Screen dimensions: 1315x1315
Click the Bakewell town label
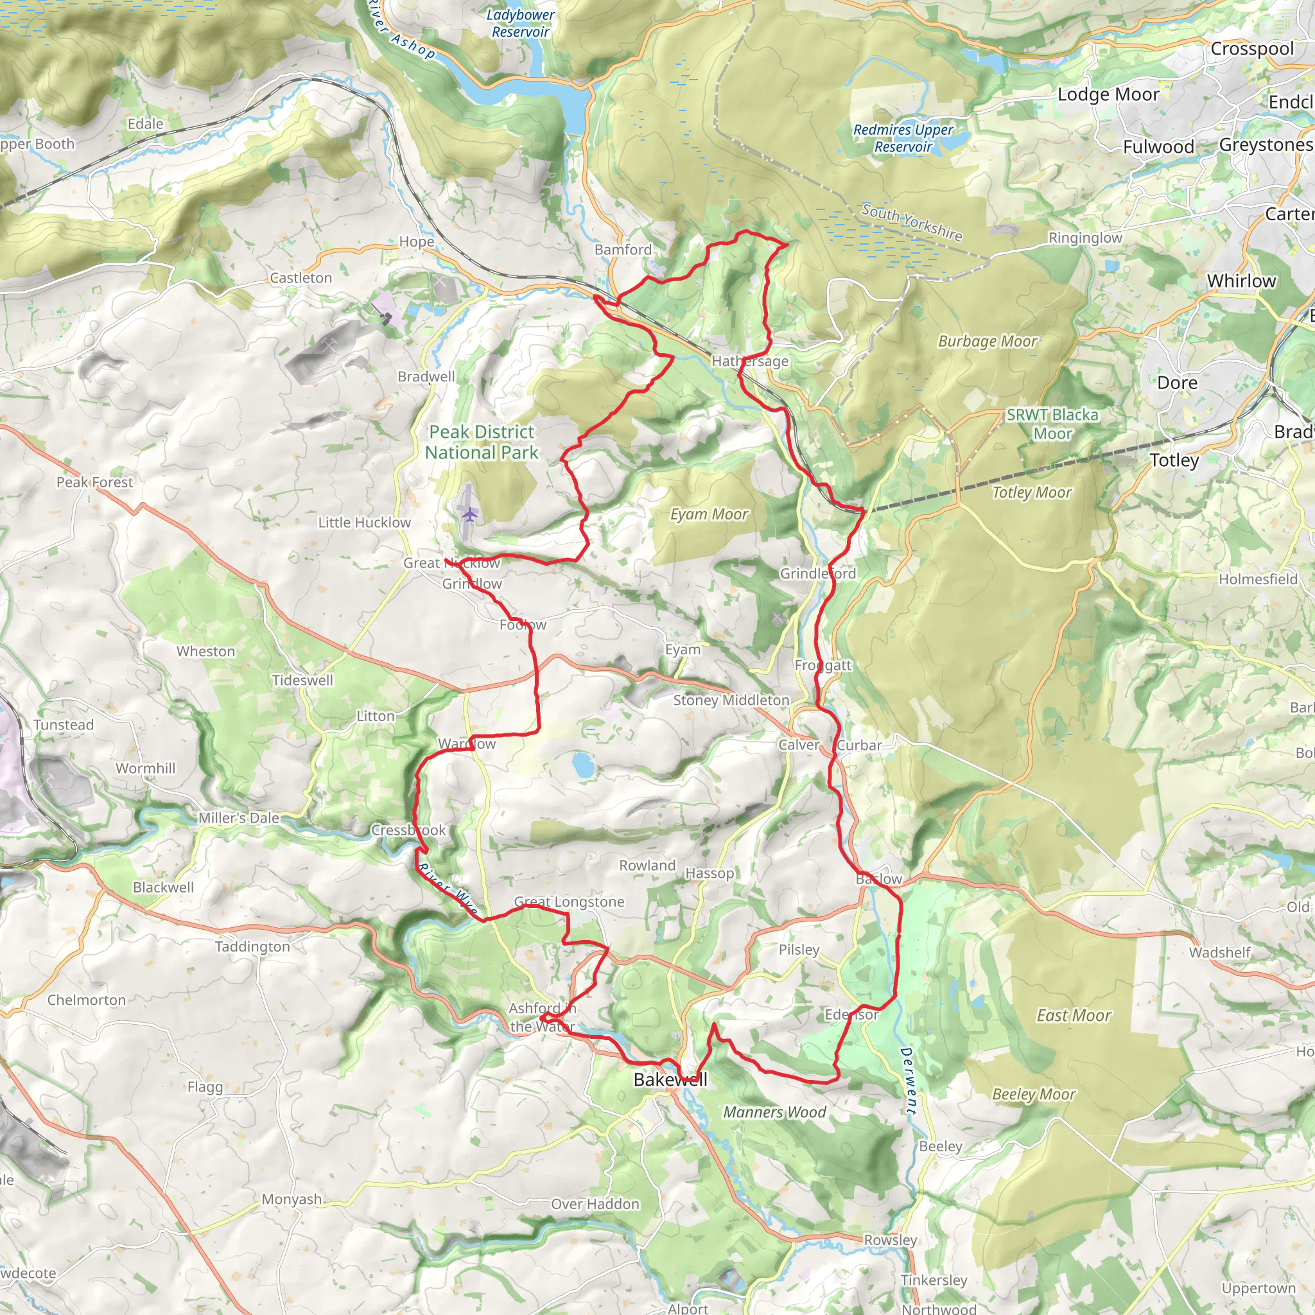(x=670, y=1079)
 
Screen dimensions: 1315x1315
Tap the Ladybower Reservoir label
(x=520, y=23)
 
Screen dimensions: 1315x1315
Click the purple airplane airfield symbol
(x=469, y=513)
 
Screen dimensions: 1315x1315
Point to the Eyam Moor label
(x=709, y=514)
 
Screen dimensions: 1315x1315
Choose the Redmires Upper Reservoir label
(x=903, y=138)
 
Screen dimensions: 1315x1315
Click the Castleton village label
(x=301, y=277)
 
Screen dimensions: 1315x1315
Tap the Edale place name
(x=146, y=124)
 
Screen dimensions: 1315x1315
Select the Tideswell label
(x=303, y=680)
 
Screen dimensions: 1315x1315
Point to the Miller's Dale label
(x=239, y=818)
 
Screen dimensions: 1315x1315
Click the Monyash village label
(x=292, y=1199)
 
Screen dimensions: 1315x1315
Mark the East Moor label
(x=1074, y=1016)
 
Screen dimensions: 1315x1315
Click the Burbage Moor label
(x=988, y=341)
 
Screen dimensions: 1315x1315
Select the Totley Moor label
(x=1032, y=492)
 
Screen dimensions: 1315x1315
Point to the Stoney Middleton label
(x=731, y=700)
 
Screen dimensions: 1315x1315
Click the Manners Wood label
(x=774, y=1112)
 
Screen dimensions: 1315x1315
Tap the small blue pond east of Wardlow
(x=582, y=764)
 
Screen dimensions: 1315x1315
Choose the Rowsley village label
(x=891, y=1239)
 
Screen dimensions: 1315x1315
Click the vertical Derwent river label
(x=908, y=1081)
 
